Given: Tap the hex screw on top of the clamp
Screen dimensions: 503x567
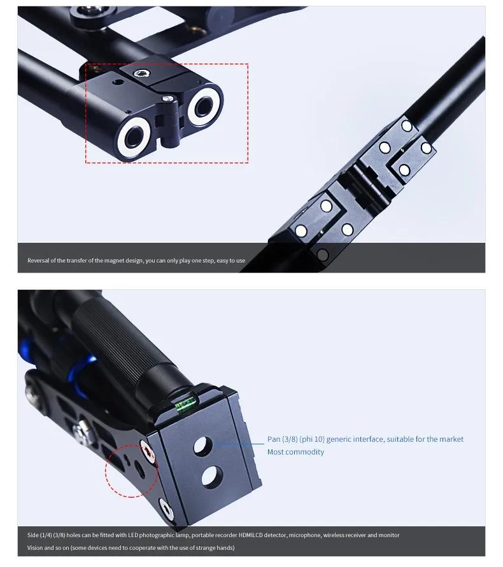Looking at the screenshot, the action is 141,74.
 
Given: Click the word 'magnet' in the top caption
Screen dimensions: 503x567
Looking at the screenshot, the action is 114,261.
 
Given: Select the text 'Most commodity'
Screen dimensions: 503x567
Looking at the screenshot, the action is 295,452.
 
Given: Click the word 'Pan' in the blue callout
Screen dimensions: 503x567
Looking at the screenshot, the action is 274,439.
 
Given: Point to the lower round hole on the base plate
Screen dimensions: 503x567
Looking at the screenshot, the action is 211,475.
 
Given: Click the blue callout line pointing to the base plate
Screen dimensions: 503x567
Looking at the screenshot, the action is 239,444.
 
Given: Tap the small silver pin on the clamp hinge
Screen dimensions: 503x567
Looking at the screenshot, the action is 167,99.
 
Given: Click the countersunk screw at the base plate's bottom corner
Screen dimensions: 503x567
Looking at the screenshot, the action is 166,509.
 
